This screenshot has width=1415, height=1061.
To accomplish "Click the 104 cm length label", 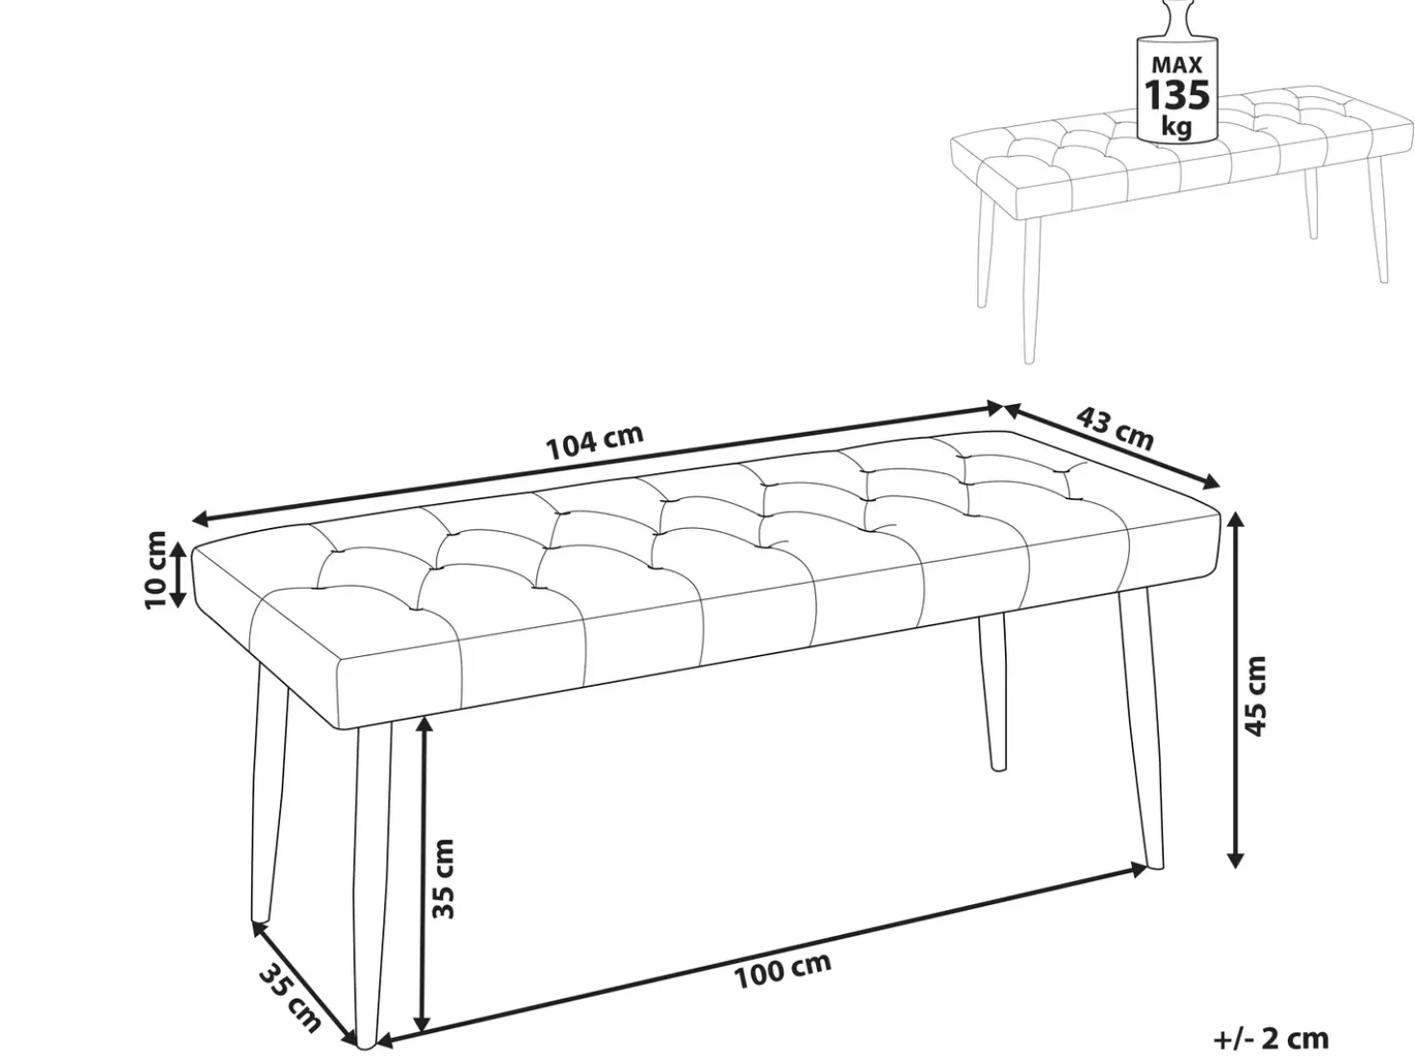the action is click(594, 442).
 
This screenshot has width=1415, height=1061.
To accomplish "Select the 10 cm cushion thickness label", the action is click(156, 569).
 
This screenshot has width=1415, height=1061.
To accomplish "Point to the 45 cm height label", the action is click(1256, 695).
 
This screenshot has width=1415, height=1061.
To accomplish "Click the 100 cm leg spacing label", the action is click(782, 971).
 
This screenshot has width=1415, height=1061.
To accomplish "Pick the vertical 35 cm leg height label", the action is click(443, 878).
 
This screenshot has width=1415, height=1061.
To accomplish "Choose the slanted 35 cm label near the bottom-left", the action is click(290, 999).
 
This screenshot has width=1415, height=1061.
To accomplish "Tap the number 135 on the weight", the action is click(1177, 95).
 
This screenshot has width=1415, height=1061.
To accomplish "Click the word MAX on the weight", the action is click(1177, 64).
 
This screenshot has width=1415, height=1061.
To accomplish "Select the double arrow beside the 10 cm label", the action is click(178, 575).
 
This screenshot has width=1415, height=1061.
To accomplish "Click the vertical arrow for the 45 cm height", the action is click(1236, 690).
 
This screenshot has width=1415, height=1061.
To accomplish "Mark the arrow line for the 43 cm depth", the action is click(1112, 445).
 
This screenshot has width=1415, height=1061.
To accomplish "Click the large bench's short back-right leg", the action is click(992, 691).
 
